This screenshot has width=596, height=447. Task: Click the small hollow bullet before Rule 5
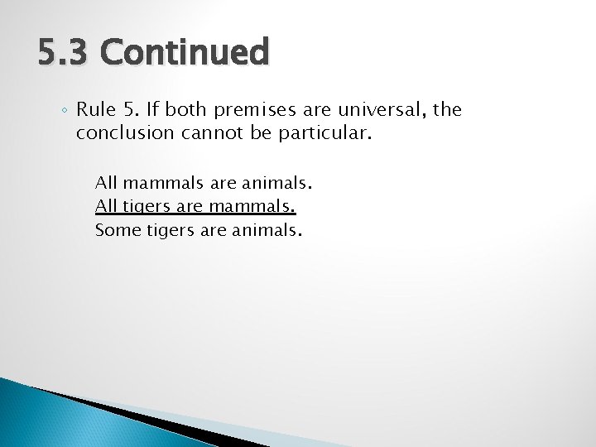click(65, 111)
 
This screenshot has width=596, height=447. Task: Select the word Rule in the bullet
click(95, 109)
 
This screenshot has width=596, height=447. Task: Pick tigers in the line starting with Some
click(169, 230)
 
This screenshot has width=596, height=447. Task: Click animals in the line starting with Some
click(269, 229)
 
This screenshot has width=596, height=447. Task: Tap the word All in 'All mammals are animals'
click(105, 183)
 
